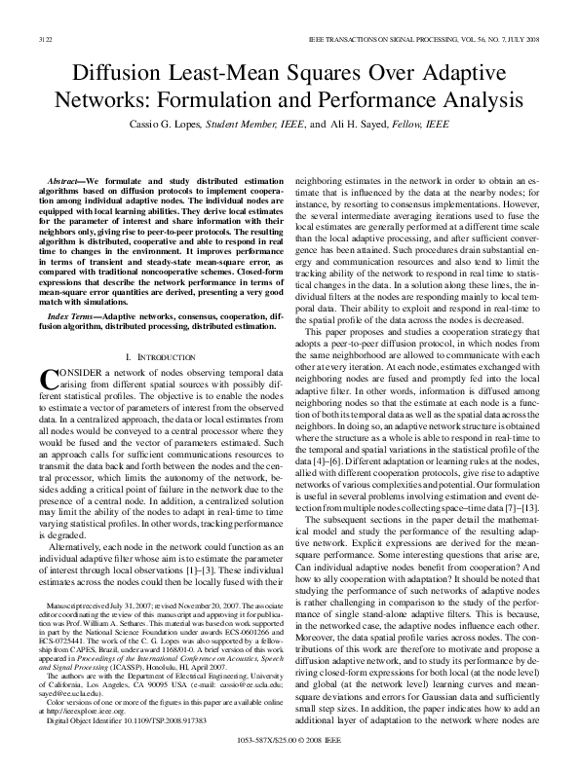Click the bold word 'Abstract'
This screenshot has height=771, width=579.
(x=65, y=182)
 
